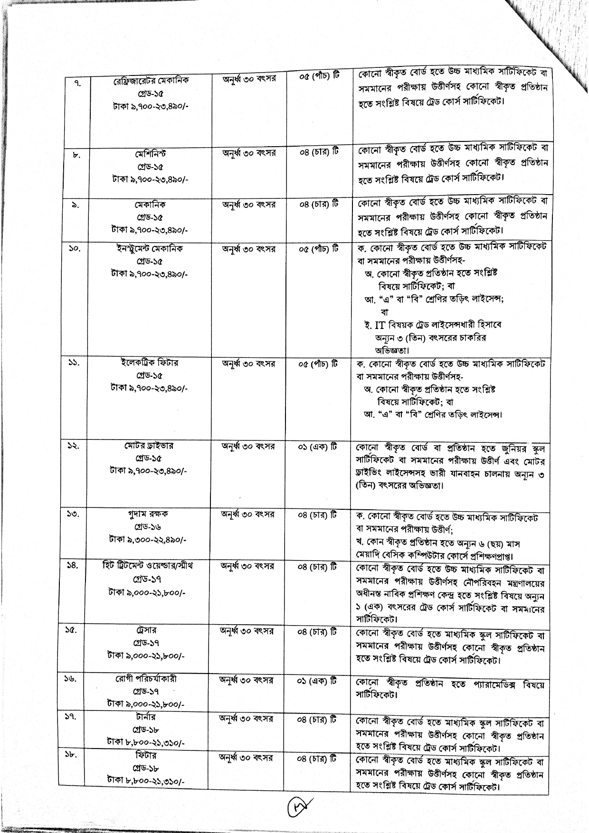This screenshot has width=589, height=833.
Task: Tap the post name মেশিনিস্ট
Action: [x=150, y=155]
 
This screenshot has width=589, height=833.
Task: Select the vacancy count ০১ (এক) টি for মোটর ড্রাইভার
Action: [x=318, y=446]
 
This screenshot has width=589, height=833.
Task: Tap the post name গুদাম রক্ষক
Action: [x=150, y=514]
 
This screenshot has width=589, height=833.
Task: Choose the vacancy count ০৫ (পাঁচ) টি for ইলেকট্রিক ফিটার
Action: [x=318, y=364]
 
